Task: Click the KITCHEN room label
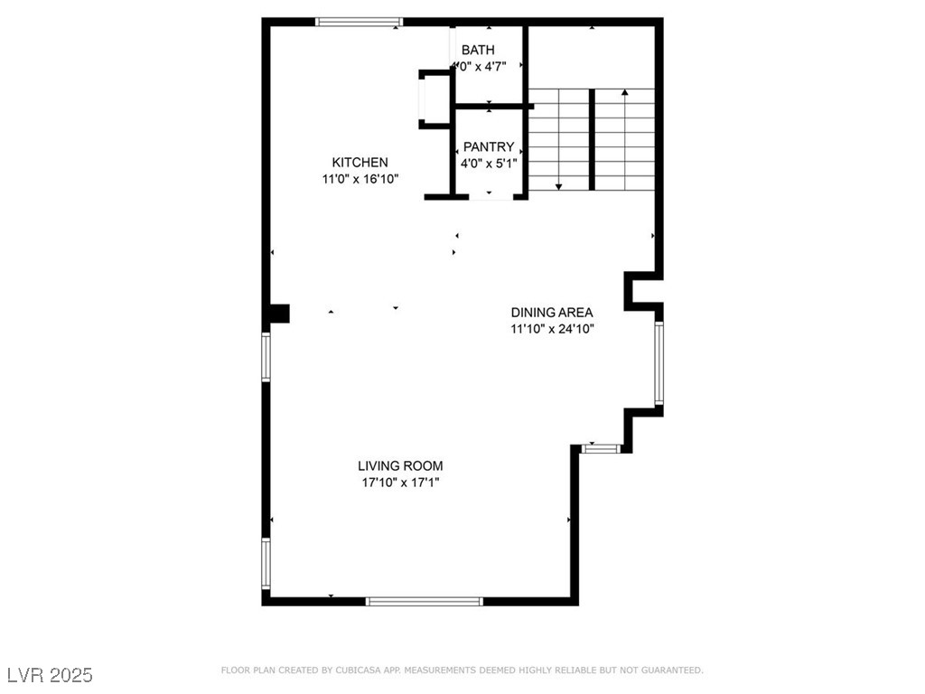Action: (x=360, y=163)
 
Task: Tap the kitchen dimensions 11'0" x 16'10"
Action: (x=360, y=179)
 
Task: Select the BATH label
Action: (x=478, y=50)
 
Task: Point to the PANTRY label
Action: (x=489, y=147)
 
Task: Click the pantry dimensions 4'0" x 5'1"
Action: (x=489, y=164)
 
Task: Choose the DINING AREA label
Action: (x=551, y=313)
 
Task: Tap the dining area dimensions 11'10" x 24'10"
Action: (x=551, y=329)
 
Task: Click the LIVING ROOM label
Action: (x=400, y=466)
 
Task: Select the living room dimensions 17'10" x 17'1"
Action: (x=400, y=483)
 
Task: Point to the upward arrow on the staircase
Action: (x=624, y=93)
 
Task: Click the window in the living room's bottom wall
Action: (x=424, y=600)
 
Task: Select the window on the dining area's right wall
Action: (x=659, y=362)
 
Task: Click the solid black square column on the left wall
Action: (x=279, y=314)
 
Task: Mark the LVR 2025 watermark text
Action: (x=50, y=675)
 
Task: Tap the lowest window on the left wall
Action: (x=266, y=564)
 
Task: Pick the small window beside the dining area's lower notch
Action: (x=601, y=447)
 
